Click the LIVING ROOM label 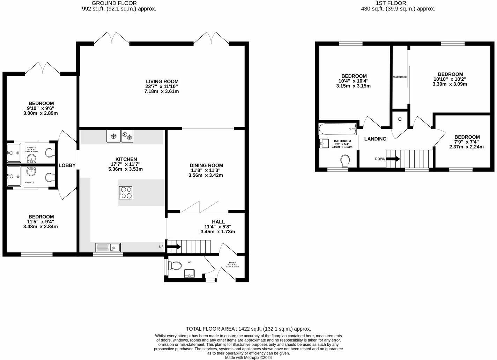162,81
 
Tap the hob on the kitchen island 126,192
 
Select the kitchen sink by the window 108,248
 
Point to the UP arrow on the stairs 174,247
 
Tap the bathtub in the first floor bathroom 337,129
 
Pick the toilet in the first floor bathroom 345,161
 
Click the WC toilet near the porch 175,266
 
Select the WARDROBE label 400,77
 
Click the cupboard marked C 400,119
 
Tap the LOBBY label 67,165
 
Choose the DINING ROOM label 206,165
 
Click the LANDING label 375,139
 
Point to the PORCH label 232,263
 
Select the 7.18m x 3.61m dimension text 162,91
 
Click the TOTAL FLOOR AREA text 248,329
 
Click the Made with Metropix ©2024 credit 248,357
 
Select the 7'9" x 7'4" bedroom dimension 466,142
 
